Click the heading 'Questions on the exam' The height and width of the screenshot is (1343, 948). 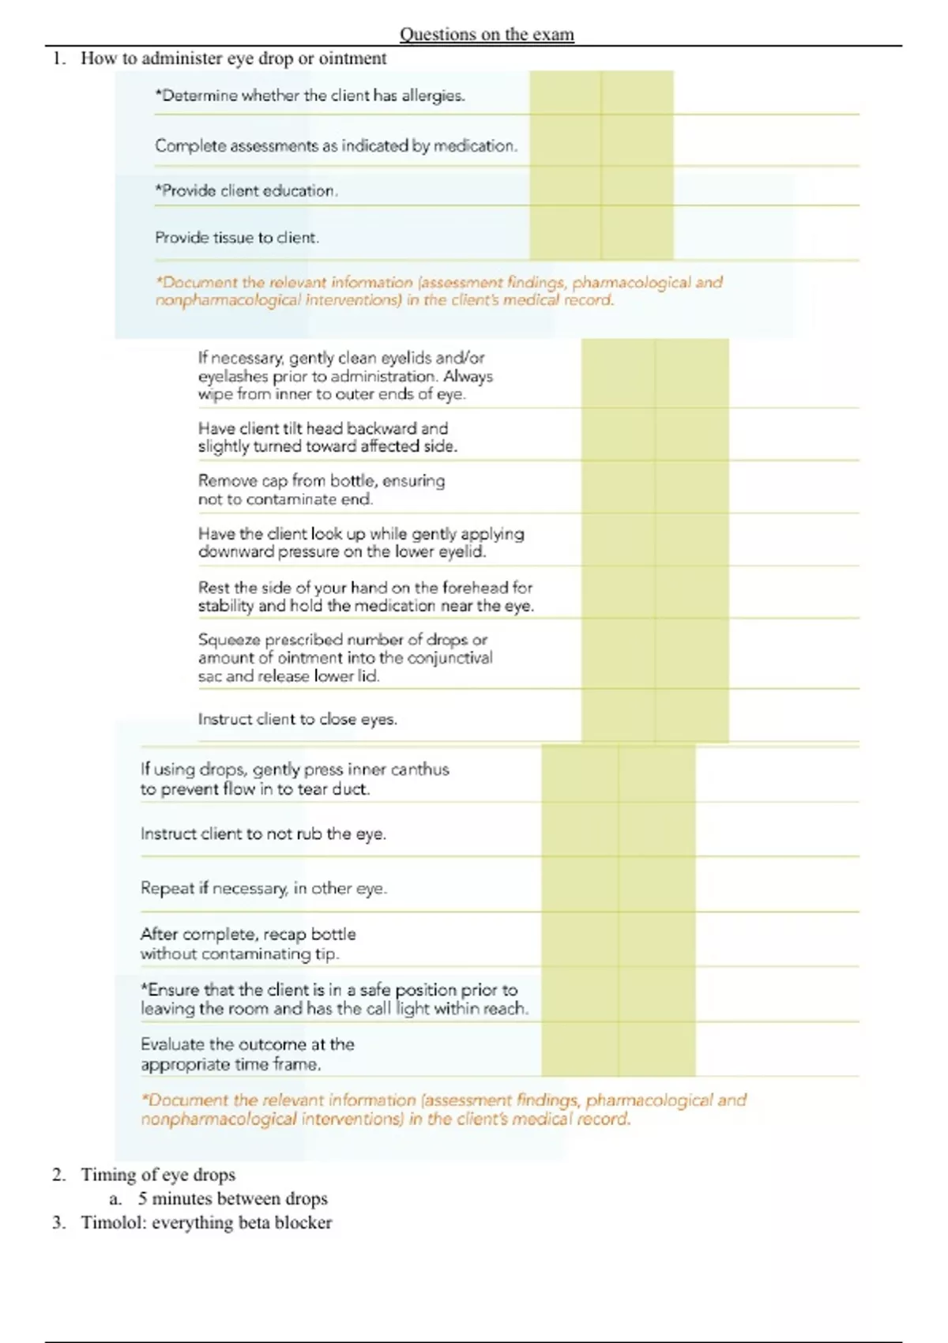coord(487,34)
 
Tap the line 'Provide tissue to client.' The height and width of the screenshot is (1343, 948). coord(237,238)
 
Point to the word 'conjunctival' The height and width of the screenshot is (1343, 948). coord(450,658)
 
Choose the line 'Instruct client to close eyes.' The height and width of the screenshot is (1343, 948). coord(297,720)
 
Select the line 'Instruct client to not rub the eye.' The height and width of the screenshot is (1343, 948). coord(263,834)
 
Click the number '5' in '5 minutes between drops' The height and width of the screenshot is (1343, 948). coord(142,1199)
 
